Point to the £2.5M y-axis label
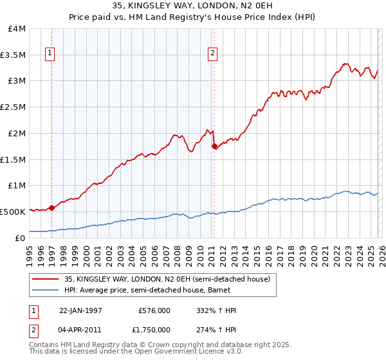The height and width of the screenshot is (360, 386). [13, 107]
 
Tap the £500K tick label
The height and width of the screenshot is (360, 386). [13, 212]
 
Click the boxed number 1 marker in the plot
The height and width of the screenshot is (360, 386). [50, 55]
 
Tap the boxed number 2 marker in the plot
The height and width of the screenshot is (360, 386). [213, 55]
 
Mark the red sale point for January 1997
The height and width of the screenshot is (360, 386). [52, 208]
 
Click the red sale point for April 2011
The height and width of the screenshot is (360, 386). [214, 147]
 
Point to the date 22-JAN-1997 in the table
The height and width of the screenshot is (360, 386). [80, 310]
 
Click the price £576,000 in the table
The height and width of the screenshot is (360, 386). [154, 310]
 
